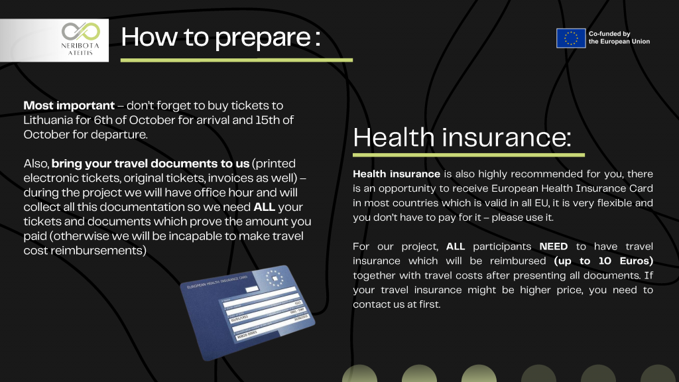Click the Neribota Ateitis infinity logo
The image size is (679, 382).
(x=80, y=32)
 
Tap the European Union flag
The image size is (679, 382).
(x=571, y=38)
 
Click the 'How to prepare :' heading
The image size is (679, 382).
(x=220, y=38)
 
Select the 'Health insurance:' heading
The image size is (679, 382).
(x=462, y=137)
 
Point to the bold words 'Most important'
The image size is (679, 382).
(x=69, y=105)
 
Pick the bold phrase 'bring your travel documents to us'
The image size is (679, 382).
(x=151, y=164)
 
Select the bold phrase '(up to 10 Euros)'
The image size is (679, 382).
(x=603, y=261)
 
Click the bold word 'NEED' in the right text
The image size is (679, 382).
(x=554, y=247)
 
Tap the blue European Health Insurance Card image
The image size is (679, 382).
(x=247, y=313)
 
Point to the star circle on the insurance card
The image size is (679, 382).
(x=274, y=279)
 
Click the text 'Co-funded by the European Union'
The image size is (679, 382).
(x=619, y=38)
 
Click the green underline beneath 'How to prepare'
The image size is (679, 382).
(x=237, y=60)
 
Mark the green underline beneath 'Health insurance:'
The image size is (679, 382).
(x=469, y=155)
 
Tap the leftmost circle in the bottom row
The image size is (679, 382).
(x=359, y=374)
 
